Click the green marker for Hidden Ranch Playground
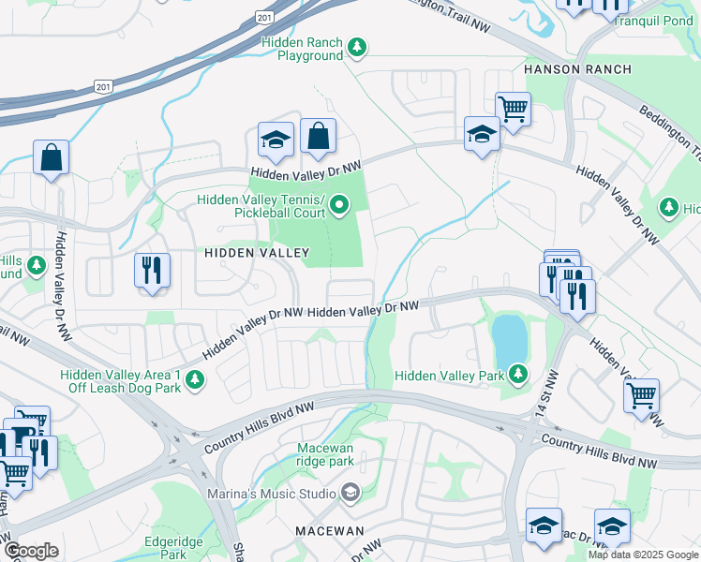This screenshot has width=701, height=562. (x=356, y=47)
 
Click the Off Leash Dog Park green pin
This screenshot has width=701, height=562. (x=195, y=379)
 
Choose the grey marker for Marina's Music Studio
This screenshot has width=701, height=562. (x=350, y=493)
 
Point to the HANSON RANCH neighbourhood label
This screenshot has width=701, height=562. (x=577, y=69)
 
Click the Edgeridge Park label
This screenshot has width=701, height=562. (x=174, y=548)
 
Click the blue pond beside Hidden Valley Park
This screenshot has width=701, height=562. (x=510, y=339)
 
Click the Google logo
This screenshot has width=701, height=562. (x=31, y=551)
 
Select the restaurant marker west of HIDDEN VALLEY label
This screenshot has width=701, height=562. (x=152, y=272)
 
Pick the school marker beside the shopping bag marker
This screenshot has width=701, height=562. (x=276, y=140)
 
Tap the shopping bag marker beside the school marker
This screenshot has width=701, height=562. (x=318, y=137)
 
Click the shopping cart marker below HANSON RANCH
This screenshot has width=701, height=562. (x=513, y=110)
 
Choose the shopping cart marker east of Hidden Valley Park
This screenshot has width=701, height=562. (x=641, y=396)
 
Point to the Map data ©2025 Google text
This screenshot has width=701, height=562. (x=644, y=555)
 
